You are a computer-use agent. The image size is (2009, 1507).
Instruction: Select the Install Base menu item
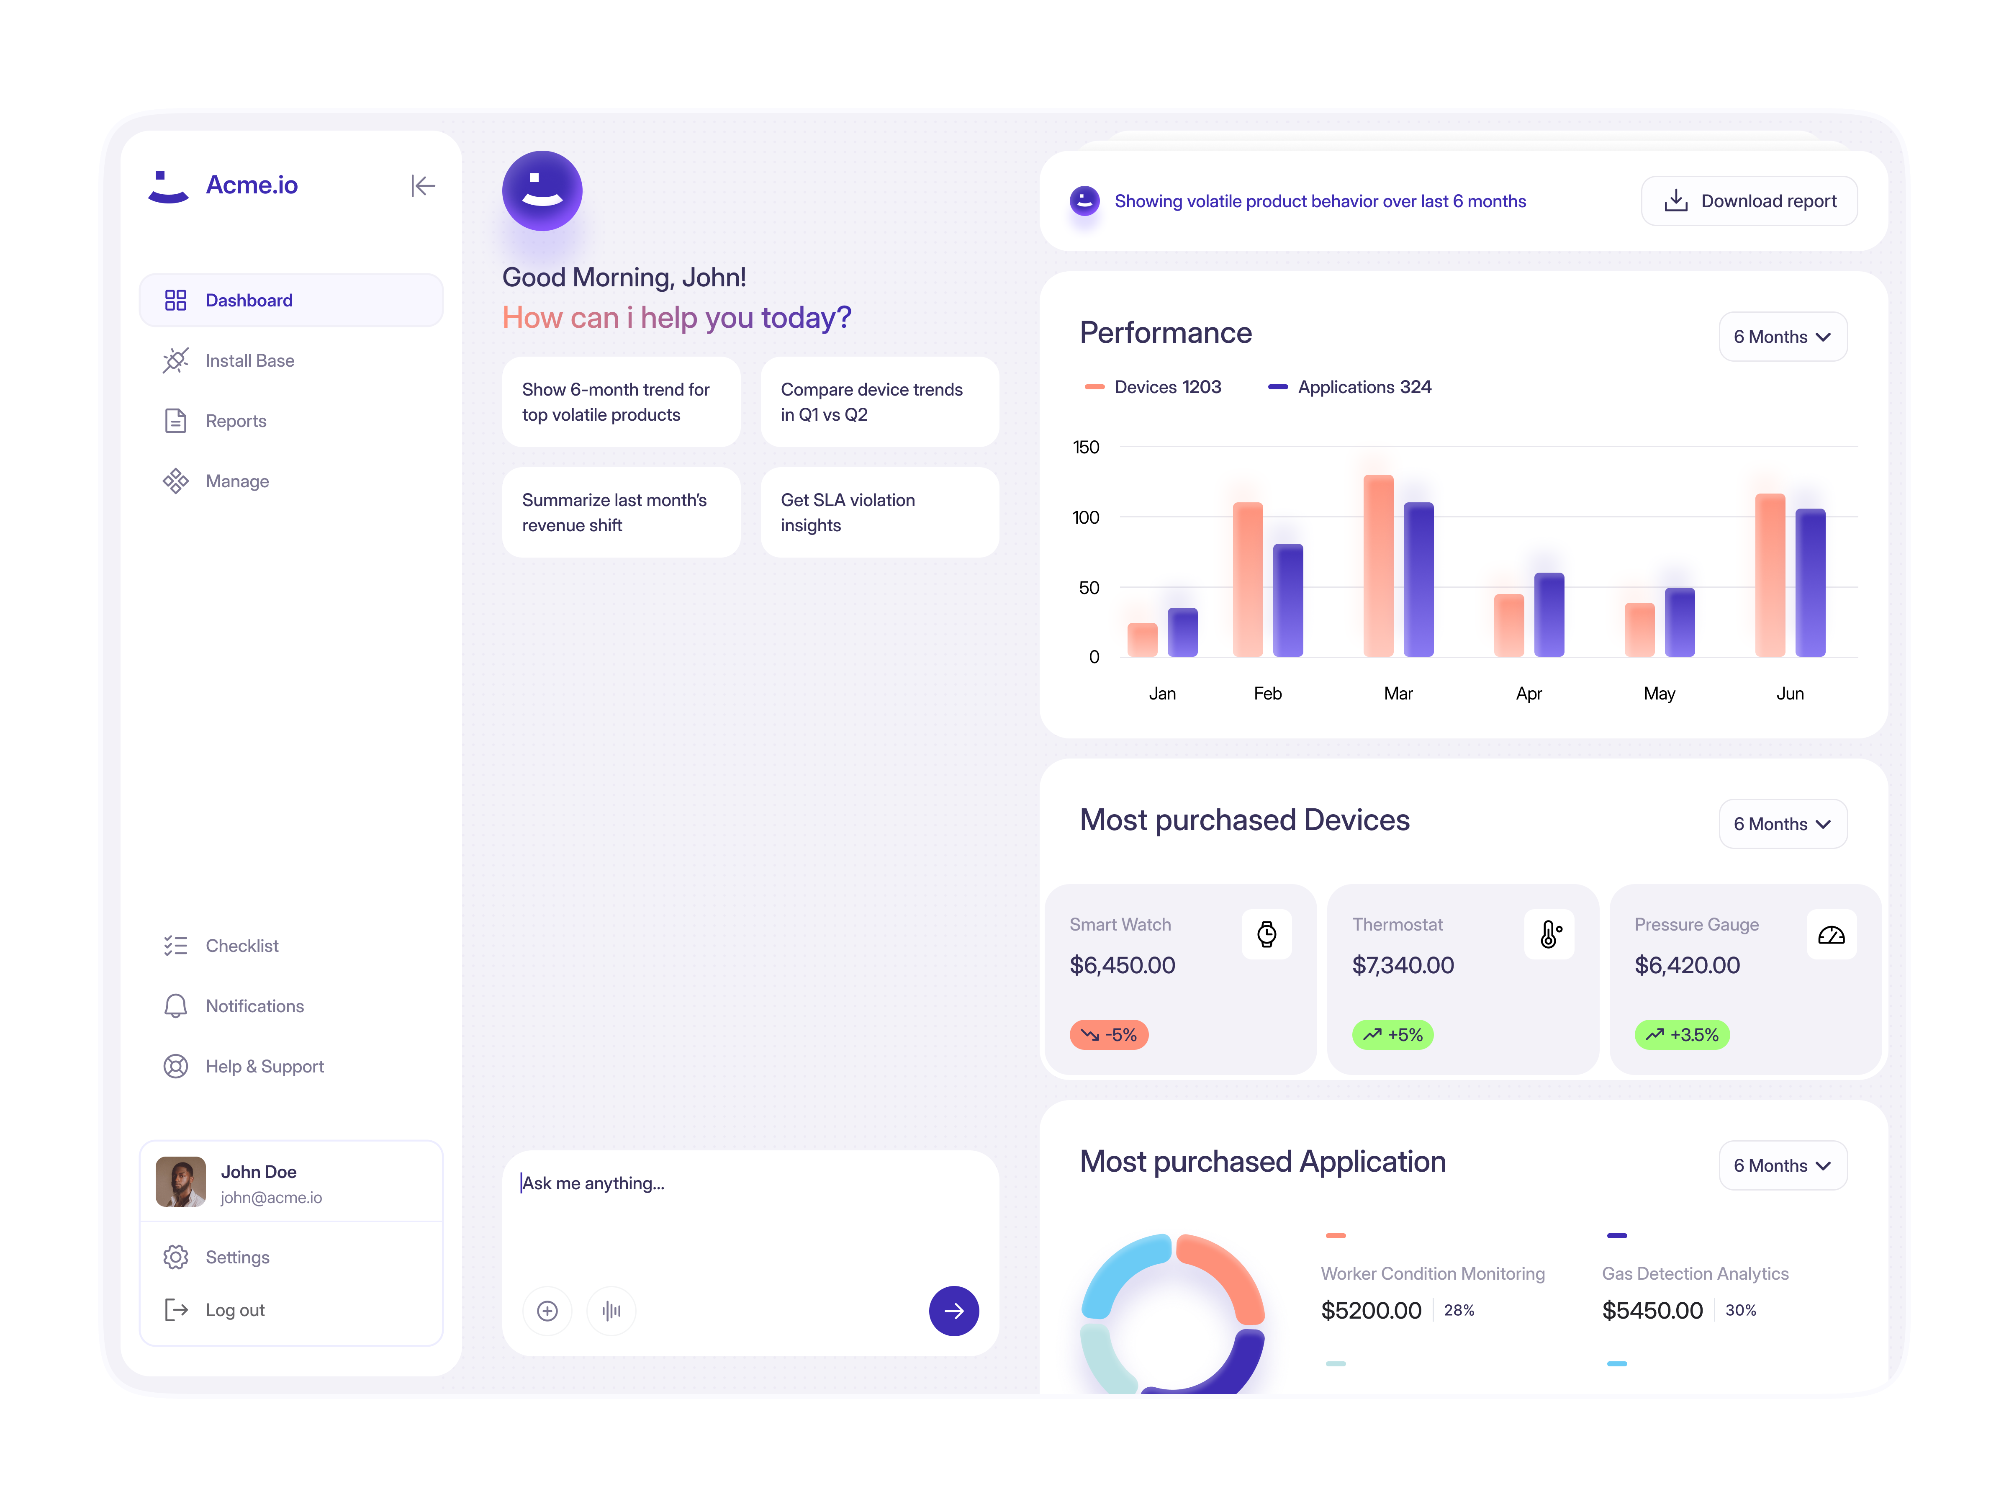pos(250,360)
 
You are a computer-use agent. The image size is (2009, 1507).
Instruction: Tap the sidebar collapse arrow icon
pos(422,186)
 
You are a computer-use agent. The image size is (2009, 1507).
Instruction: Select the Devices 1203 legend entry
pos(1154,387)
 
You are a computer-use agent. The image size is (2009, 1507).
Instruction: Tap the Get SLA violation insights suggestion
pos(879,512)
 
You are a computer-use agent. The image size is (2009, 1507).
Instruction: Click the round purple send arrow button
pos(953,1311)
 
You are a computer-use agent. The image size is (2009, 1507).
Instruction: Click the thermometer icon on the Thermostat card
pos(1549,934)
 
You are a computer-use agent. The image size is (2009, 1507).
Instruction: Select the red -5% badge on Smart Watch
pos(1109,1035)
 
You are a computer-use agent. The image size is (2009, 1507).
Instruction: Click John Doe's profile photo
pos(181,1182)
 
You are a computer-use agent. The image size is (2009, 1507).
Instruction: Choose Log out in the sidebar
pos(234,1310)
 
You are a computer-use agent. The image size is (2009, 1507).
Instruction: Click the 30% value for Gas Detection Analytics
pos(1740,1310)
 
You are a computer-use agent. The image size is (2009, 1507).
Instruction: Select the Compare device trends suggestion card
pos(879,401)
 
